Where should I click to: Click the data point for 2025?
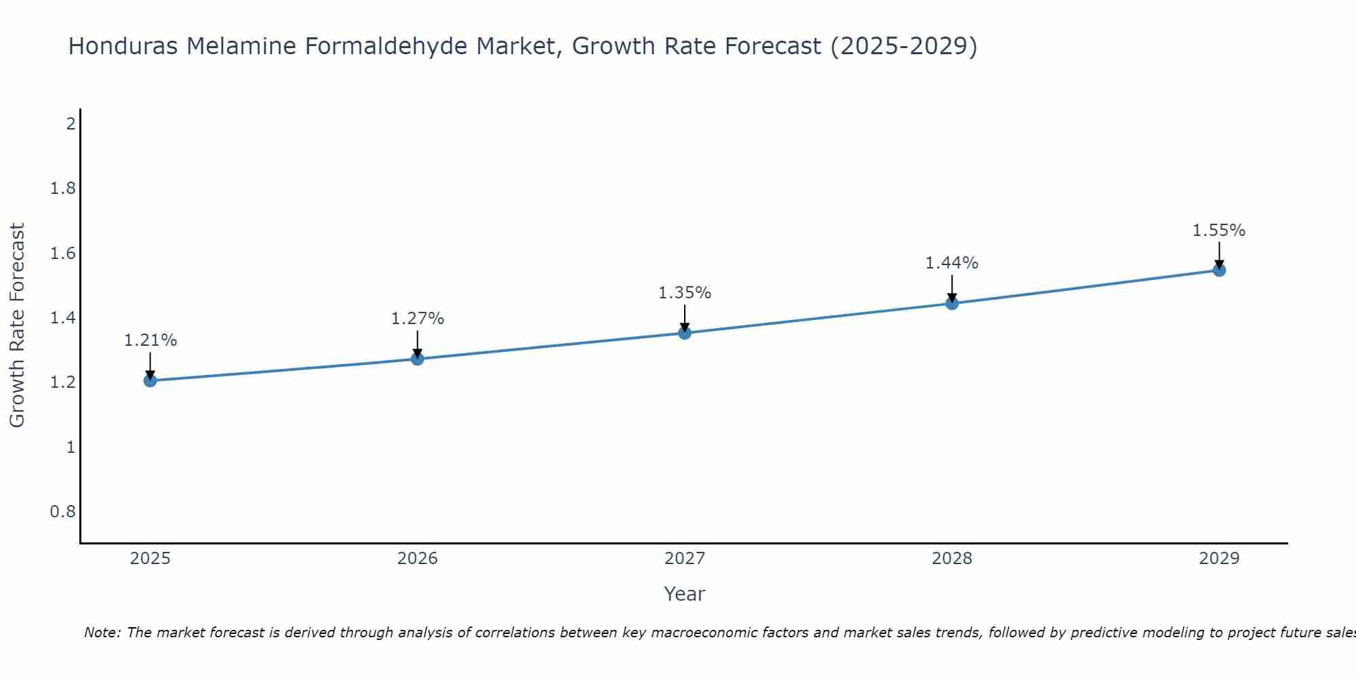[x=151, y=380]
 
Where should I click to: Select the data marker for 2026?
[x=418, y=359]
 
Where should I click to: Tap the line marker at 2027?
[x=685, y=333]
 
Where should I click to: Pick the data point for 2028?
[x=952, y=303]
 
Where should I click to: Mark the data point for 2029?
[x=1219, y=270]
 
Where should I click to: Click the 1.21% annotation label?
[x=151, y=340]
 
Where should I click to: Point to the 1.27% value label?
[x=418, y=319]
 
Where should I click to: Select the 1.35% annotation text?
[x=685, y=293]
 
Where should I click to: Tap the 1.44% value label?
[x=952, y=263]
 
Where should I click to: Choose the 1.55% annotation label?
[x=1219, y=231]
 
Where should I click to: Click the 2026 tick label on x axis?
[x=418, y=559]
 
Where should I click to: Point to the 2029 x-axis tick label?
[x=1219, y=559]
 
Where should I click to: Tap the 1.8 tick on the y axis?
[x=63, y=188]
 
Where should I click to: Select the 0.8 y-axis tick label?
[x=63, y=511]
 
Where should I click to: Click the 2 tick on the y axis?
[x=70, y=124]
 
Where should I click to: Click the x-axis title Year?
[x=685, y=594]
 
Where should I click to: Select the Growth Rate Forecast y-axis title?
[x=17, y=325]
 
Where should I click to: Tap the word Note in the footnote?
[x=102, y=633]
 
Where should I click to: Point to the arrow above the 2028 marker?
[x=952, y=287]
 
